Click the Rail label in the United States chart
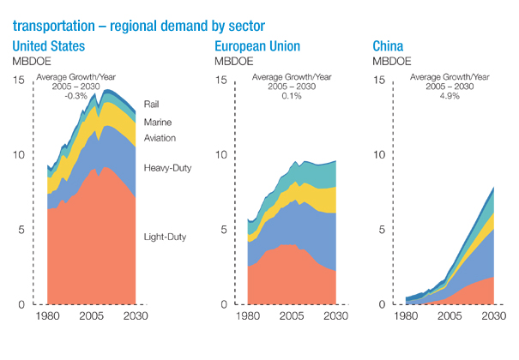click(152, 105)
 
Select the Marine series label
click(158, 123)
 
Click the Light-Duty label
click(165, 237)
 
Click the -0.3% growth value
click(76, 96)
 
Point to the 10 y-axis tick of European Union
click(220, 155)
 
